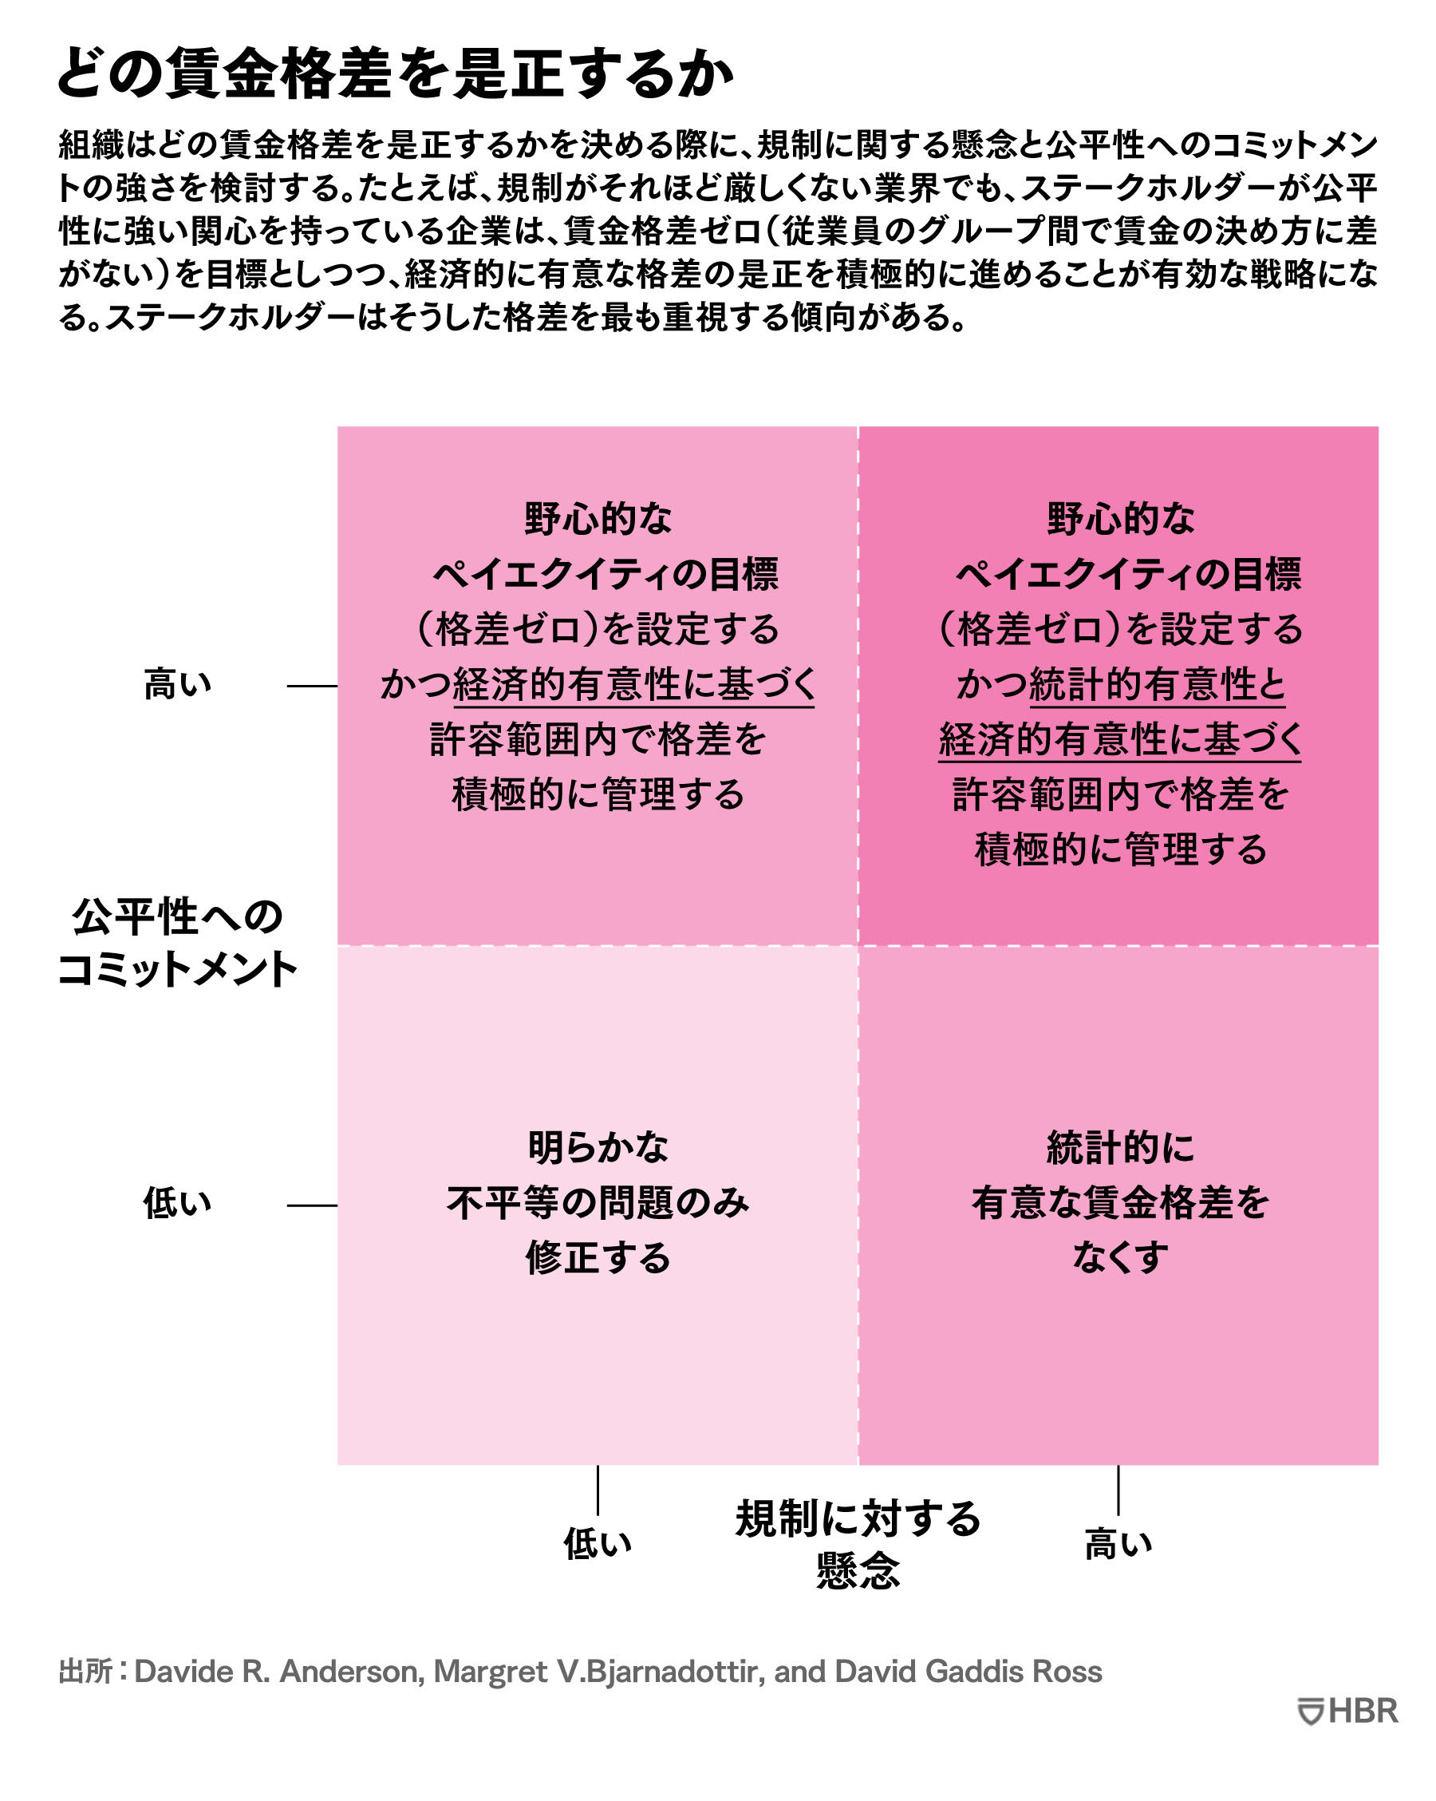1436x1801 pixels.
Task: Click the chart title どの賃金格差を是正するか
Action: pos(395,73)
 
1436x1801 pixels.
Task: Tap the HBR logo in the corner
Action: pos(1347,1711)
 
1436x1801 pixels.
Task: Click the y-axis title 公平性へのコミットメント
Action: pos(177,943)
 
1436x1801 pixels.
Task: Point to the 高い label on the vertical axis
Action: pos(177,684)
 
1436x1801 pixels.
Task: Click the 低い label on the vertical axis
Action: pos(177,1203)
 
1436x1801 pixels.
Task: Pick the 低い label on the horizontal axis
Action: pos(597,1544)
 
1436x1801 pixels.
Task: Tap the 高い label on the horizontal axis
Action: pos(1118,1544)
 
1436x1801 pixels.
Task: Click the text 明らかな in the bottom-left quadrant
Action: pos(598,1147)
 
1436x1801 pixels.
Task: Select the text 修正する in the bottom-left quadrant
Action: pos(598,1257)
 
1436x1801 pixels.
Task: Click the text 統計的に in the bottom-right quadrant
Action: pos(1119,1147)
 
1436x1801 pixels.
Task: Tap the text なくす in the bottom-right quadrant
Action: pos(1119,1257)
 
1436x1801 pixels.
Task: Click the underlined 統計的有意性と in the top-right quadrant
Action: pos(1157,685)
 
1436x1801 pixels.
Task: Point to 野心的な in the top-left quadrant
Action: pos(598,519)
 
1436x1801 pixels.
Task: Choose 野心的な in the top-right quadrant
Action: pos(1120,519)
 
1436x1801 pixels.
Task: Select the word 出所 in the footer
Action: pos(85,1672)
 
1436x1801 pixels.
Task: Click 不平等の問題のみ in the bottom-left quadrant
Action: pos(598,1202)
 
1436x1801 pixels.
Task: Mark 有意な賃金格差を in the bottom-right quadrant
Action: pos(1119,1202)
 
